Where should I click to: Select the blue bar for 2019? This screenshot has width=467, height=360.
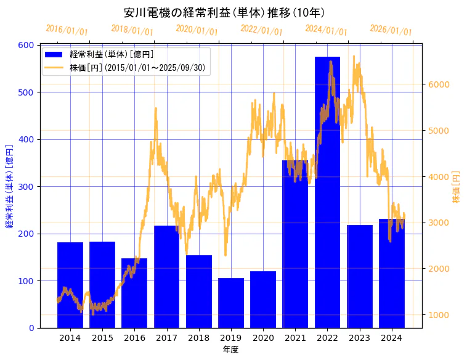coord(231,303)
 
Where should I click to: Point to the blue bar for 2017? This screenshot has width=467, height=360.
coord(166,277)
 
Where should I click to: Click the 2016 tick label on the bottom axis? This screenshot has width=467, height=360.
coord(134,338)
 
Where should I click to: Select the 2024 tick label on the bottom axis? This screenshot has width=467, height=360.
coord(392,338)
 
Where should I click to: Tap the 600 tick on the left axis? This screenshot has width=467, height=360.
coord(26,45)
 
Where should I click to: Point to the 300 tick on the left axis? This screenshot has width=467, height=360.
coord(26,186)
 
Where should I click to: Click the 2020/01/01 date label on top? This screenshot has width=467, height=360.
coord(197,30)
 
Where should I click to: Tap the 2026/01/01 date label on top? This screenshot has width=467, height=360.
coord(391,30)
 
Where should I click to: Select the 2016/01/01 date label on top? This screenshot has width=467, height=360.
coord(67,30)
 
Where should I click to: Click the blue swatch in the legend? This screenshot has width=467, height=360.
coord(55,54)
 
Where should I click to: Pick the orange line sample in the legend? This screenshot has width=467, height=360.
coord(55,67)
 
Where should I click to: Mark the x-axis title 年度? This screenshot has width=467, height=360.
coord(230,350)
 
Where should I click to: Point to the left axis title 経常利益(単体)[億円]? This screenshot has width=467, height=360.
coord(9,186)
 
